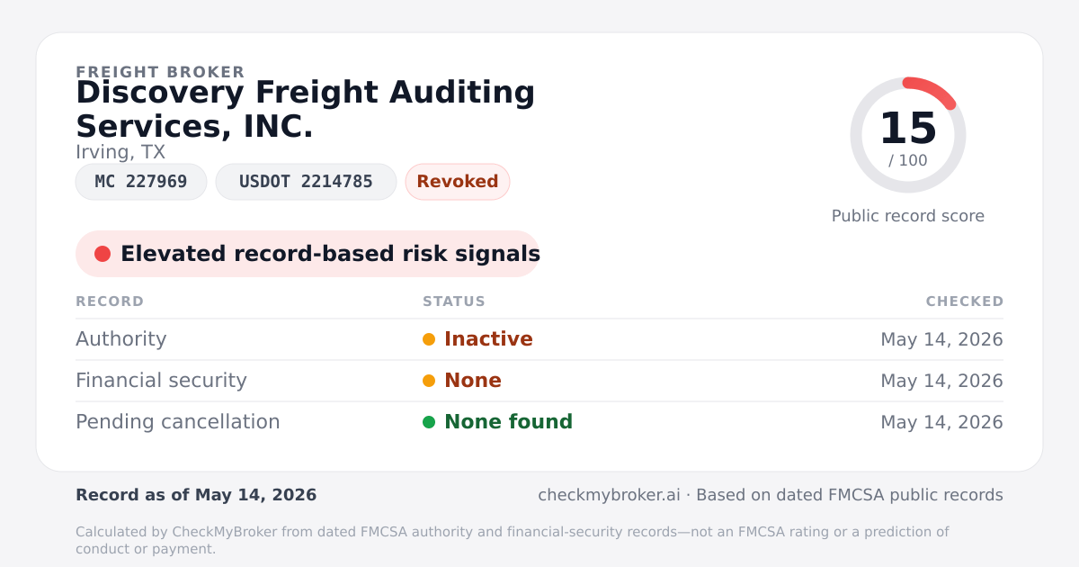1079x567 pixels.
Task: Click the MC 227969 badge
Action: [x=141, y=182]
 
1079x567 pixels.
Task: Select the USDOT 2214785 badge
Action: [x=306, y=182]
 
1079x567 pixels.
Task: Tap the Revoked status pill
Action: [x=458, y=182]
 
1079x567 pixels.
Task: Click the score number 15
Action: [x=908, y=128]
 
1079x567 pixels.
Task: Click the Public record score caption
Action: [x=908, y=216]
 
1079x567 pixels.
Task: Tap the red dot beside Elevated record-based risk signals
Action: [x=103, y=254]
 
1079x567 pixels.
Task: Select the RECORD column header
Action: [x=110, y=301]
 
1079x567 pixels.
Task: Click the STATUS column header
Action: [x=454, y=301]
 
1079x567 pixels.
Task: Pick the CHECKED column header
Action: [x=964, y=301]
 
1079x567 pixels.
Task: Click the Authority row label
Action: [x=120, y=339]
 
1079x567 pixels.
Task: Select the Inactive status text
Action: [x=488, y=339]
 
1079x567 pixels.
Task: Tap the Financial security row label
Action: [x=161, y=381]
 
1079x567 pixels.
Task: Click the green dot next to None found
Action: [x=429, y=422]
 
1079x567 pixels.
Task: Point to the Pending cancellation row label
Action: [x=178, y=422]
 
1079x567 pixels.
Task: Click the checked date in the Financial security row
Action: [x=941, y=381]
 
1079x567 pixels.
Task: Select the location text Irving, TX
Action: [x=120, y=152]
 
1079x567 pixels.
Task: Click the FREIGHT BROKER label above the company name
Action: [x=160, y=72]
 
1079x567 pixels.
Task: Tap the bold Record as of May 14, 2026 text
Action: [x=196, y=495]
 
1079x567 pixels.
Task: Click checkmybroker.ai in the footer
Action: [x=609, y=495]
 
